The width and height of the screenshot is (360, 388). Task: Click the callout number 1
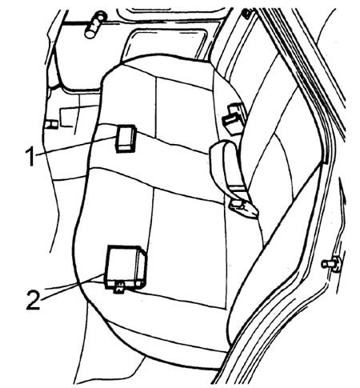30,158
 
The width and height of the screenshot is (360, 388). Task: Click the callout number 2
34,300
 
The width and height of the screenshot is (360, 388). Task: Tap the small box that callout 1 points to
126,138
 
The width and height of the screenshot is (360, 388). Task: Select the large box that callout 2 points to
126,267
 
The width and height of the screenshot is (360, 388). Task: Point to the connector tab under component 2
120,288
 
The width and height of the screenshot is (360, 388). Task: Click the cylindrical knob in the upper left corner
95,25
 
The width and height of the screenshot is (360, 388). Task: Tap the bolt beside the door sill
331,264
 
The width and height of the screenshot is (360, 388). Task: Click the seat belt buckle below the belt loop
244,209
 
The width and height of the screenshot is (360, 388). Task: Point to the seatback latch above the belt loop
234,118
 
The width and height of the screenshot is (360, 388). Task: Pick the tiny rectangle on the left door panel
51,125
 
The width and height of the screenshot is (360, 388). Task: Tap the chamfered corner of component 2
142,251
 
